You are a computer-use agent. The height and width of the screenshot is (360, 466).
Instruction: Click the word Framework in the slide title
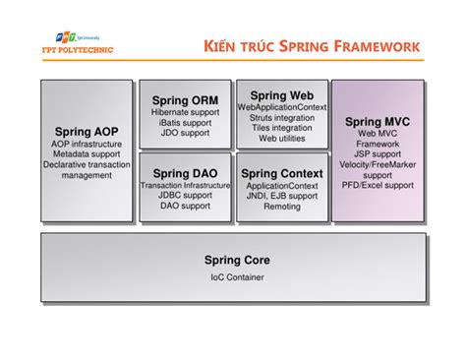(374, 46)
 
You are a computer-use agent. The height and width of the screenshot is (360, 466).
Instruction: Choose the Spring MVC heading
(378, 122)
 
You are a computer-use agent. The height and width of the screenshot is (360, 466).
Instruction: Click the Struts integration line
(281, 117)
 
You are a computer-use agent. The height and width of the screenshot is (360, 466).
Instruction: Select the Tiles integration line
(281, 128)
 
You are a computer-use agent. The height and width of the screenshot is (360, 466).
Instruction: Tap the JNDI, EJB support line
(281, 196)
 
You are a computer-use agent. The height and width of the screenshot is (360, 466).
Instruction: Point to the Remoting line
(281, 208)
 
